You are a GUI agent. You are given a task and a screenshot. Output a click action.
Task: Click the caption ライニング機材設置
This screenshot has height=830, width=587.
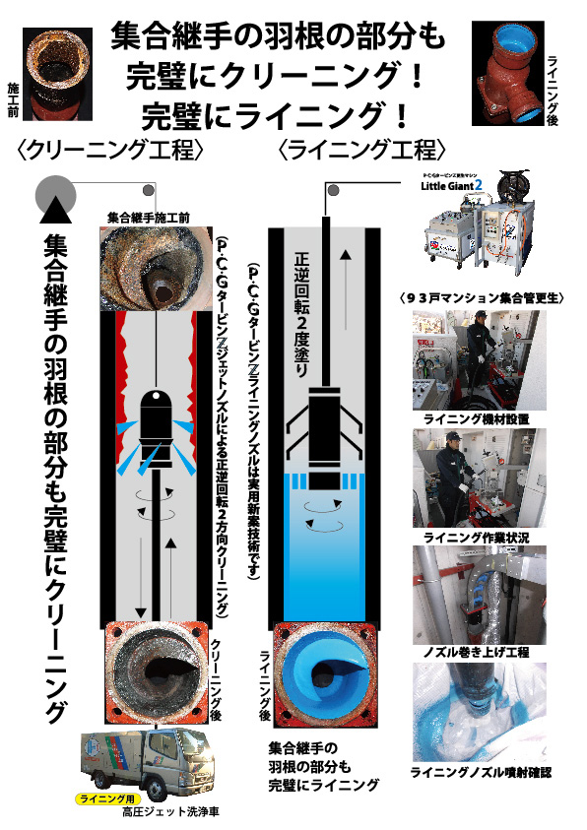click(x=476, y=418)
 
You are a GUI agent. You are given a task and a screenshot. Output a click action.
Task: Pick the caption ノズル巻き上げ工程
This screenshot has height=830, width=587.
click(x=476, y=653)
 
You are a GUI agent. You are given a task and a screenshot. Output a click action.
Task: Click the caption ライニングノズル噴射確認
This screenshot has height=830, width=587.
click(x=480, y=773)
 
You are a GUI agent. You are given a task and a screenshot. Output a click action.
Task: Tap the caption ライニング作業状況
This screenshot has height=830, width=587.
click(x=476, y=537)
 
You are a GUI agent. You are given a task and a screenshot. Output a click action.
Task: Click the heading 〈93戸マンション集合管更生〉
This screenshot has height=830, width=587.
click(x=481, y=296)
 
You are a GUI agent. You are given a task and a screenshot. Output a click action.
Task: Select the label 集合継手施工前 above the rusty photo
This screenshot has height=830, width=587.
click(x=148, y=217)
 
